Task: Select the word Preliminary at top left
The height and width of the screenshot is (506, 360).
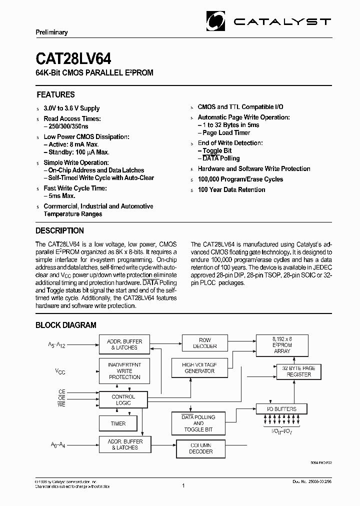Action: click(51, 32)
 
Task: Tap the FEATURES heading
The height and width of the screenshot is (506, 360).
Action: click(55, 94)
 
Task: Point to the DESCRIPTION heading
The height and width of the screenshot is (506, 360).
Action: click(59, 230)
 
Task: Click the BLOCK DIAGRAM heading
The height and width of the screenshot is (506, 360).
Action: click(65, 325)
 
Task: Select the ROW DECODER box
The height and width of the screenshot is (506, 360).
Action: click(205, 343)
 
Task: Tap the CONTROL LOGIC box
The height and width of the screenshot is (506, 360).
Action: click(123, 399)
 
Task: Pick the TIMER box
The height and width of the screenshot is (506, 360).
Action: click(118, 423)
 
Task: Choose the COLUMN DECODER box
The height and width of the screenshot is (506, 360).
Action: click(201, 448)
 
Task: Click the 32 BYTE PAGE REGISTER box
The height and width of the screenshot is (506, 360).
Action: click(298, 371)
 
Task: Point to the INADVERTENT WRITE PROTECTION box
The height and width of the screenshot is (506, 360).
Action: click(124, 371)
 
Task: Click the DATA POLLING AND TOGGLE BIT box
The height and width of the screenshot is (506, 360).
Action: click(198, 423)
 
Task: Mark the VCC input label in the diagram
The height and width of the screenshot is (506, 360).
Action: click(60, 371)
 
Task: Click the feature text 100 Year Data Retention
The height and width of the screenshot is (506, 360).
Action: click(231, 189)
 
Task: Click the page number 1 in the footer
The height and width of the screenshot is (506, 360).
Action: click(183, 485)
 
